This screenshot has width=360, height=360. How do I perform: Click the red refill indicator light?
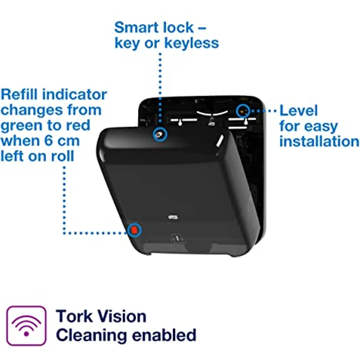pos(134,229)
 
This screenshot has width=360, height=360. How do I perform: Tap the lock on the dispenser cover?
pos(159,135)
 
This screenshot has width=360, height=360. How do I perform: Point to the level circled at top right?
pos(243,112)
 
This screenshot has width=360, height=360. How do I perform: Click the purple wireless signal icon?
pos(26,326)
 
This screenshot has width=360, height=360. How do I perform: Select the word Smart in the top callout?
pos(136,27)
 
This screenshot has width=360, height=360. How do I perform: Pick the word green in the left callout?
pos(22,126)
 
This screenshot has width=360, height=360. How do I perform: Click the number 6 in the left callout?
pos(48,141)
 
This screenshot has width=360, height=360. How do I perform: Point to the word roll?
pos(63,157)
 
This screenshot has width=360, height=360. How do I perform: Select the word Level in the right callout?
pos(298,111)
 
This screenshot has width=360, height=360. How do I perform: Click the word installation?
pos(319,141)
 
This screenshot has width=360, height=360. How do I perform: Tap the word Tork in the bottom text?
pos(74,316)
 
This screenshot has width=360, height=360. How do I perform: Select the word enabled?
pos(164,335)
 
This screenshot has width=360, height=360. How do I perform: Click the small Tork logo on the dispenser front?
pos(173,217)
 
